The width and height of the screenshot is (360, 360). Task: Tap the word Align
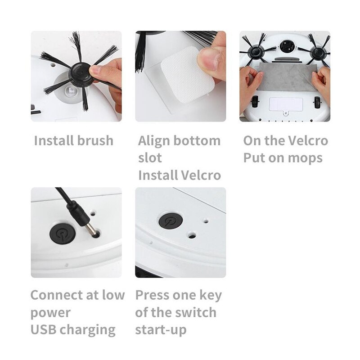[154, 140]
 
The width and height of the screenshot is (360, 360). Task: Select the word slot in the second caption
[150, 158]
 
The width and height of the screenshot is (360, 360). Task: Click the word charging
[89, 330]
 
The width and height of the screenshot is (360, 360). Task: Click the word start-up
[161, 330]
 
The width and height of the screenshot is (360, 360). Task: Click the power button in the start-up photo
[168, 222]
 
